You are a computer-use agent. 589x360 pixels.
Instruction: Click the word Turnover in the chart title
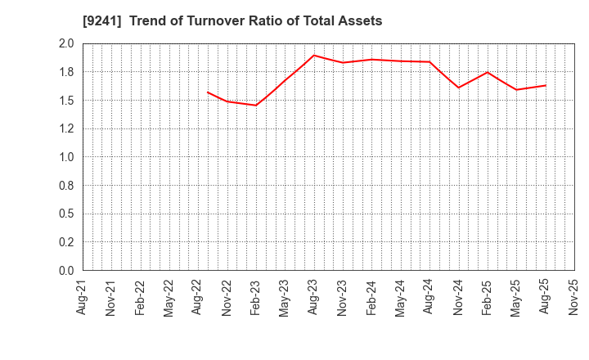pos(209,21)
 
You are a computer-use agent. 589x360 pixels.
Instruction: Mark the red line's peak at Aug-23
pos(314,55)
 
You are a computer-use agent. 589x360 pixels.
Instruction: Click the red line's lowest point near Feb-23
pos(256,106)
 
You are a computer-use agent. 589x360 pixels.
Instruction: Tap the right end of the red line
pos(546,85)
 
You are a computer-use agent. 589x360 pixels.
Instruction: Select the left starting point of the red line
pos(208,92)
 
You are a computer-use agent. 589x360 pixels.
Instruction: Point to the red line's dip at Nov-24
pos(458,88)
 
